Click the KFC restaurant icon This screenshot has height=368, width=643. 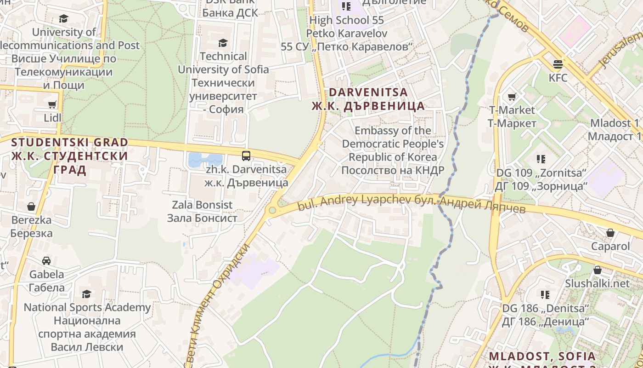coord(558,64)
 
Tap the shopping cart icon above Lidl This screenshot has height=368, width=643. coord(52,104)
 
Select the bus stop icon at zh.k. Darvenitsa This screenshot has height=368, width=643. coord(246,155)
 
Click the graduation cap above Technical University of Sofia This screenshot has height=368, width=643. coord(223,43)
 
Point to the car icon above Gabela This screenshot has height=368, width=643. coord(46,261)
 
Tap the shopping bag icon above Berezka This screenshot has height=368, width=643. coord(31,207)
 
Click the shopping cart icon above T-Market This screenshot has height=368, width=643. coord(512,97)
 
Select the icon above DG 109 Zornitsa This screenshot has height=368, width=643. coord(541,159)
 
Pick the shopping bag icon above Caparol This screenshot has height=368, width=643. coord(610,233)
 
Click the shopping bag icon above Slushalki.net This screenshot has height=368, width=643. coord(597,270)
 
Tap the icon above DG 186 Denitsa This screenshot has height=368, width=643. coord(545,294)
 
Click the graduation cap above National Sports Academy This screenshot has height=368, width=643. coord(86,293)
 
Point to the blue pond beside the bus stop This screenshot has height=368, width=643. coord(204,160)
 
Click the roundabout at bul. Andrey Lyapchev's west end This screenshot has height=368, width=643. coord(272,210)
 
